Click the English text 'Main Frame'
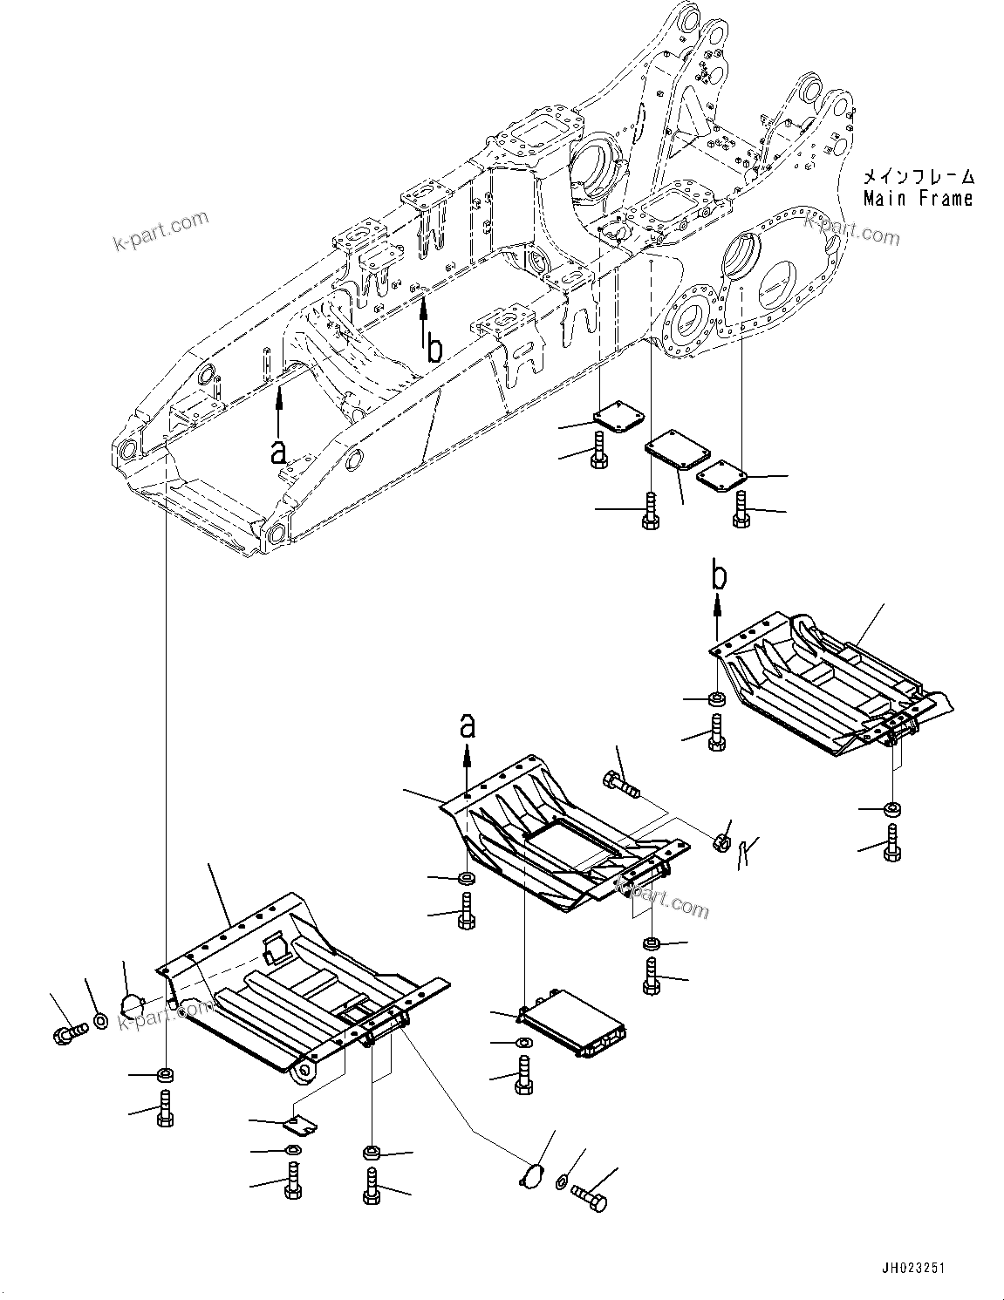coord(918,199)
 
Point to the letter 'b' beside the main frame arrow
coord(434,349)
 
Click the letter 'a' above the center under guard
coord(468,725)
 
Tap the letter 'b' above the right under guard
coord(718,575)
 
